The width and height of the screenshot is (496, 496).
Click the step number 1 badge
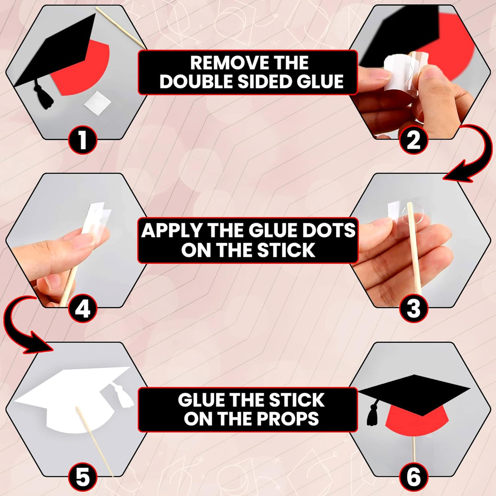click(82, 140)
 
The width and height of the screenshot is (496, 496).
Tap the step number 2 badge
click(413, 140)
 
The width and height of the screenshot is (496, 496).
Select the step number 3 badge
click(413, 308)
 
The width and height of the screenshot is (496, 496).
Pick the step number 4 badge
click(82, 308)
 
